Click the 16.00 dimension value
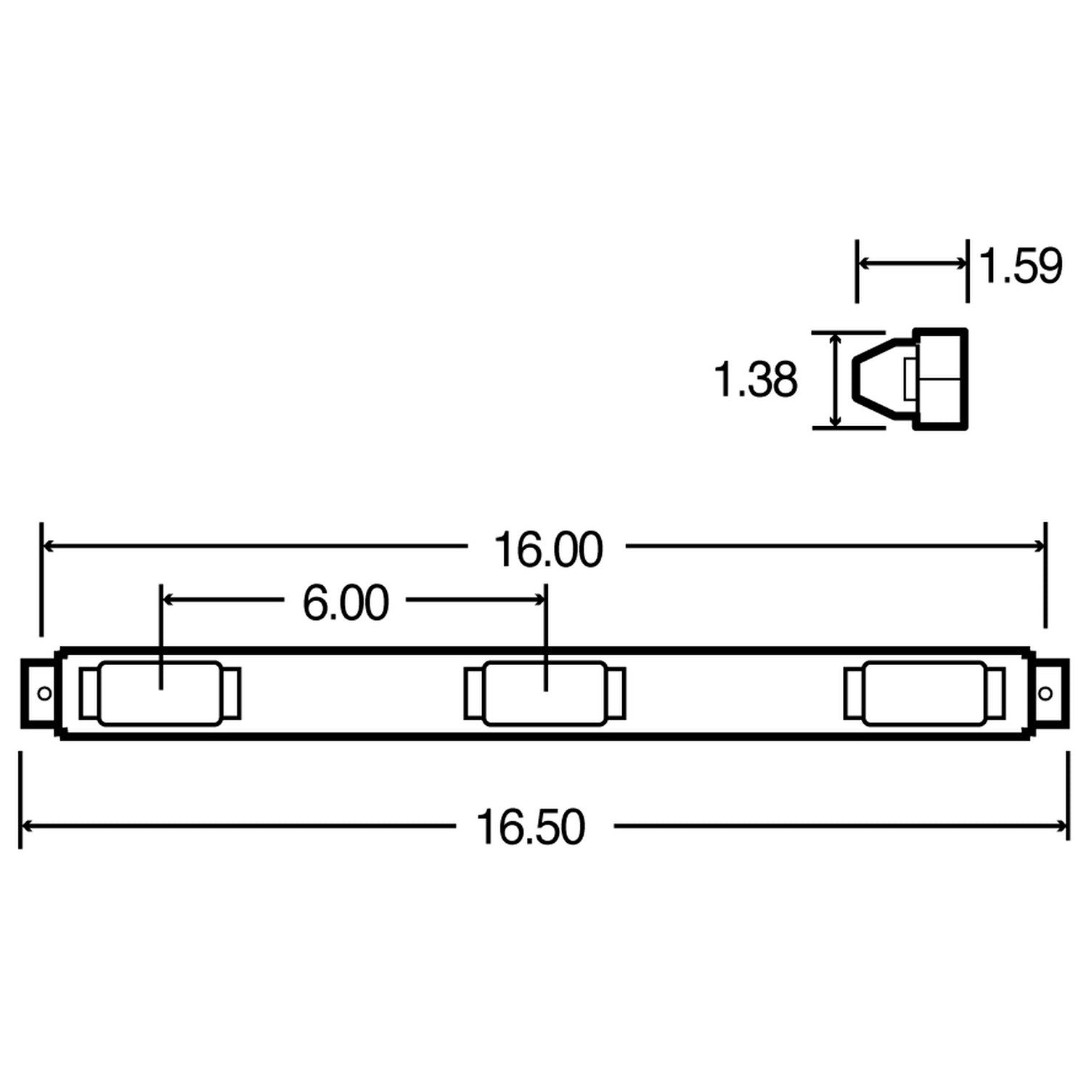(x=548, y=550)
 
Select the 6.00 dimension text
(x=346, y=603)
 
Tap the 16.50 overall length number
(x=531, y=827)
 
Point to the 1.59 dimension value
(x=1020, y=266)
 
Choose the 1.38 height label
(x=756, y=380)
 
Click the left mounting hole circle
(x=44, y=693)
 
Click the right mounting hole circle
(x=1045, y=693)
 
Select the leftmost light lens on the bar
(x=160, y=693)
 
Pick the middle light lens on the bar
(x=544, y=693)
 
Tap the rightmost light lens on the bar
(x=924, y=693)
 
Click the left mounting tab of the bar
(x=38, y=693)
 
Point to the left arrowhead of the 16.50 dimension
(x=28, y=826)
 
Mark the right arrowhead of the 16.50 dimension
(x=1062, y=826)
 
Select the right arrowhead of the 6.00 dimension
(x=539, y=600)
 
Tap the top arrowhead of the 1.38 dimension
(x=836, y=339)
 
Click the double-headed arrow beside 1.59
(x=912, y=264)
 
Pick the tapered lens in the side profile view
(x=882, y=380)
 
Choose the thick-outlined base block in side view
(x=941, y=380)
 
